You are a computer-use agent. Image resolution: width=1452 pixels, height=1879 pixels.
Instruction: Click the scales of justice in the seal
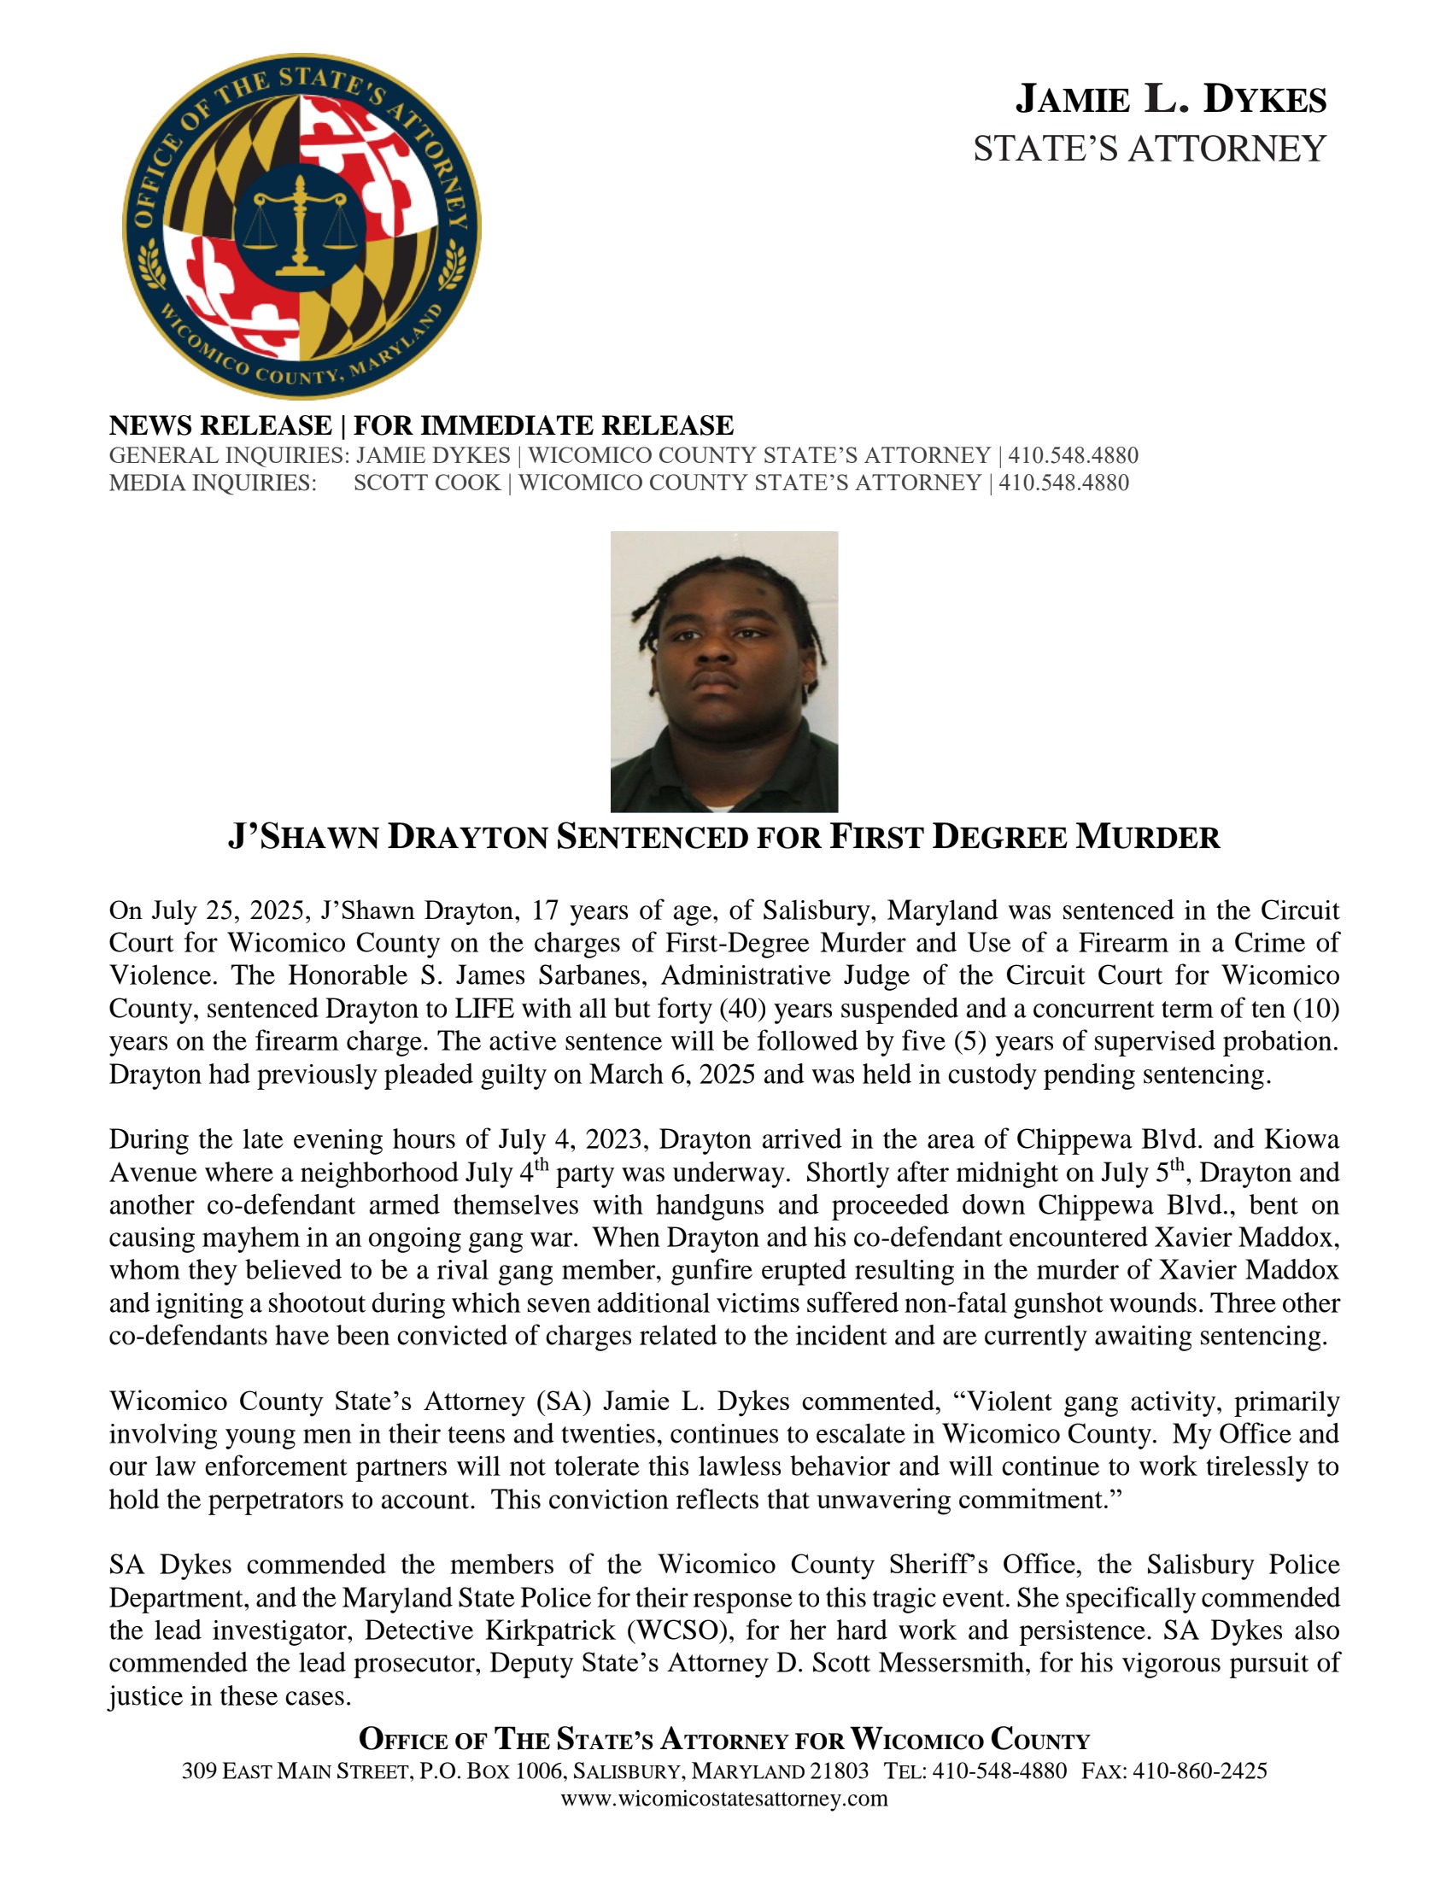click(x=299, y=225)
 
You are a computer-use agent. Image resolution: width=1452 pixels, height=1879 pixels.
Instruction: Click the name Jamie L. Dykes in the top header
click(x=1171, y=100)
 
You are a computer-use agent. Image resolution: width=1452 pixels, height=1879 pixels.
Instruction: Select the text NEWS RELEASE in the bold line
click(x=220, y=425)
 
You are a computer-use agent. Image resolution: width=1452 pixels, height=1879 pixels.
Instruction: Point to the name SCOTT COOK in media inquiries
click(x=427, y=483)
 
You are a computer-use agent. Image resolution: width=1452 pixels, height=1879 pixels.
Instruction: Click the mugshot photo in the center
click(x=724, y=671)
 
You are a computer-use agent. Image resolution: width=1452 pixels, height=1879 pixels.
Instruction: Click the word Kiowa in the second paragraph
click(x=1302, y=1139)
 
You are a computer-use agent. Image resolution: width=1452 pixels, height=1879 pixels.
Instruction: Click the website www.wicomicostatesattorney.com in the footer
click(x=724, y=1798)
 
